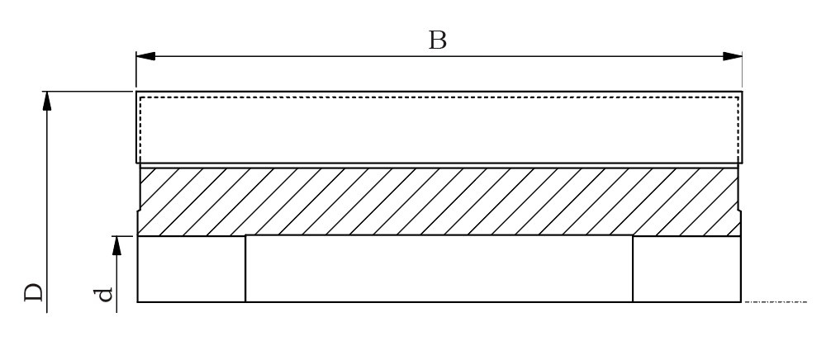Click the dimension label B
point(438,40)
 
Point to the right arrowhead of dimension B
point(732,56)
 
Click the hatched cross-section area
point(438,201)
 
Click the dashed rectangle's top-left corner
point(140,97)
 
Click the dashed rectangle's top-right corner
point(738,97)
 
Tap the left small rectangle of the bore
point(191,269)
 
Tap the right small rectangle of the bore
point(686,269)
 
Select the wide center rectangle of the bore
point(439,269)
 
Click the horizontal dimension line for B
point(330,56)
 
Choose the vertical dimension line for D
point(47,206)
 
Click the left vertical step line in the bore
point(245,269)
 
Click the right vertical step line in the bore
point(633,269)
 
